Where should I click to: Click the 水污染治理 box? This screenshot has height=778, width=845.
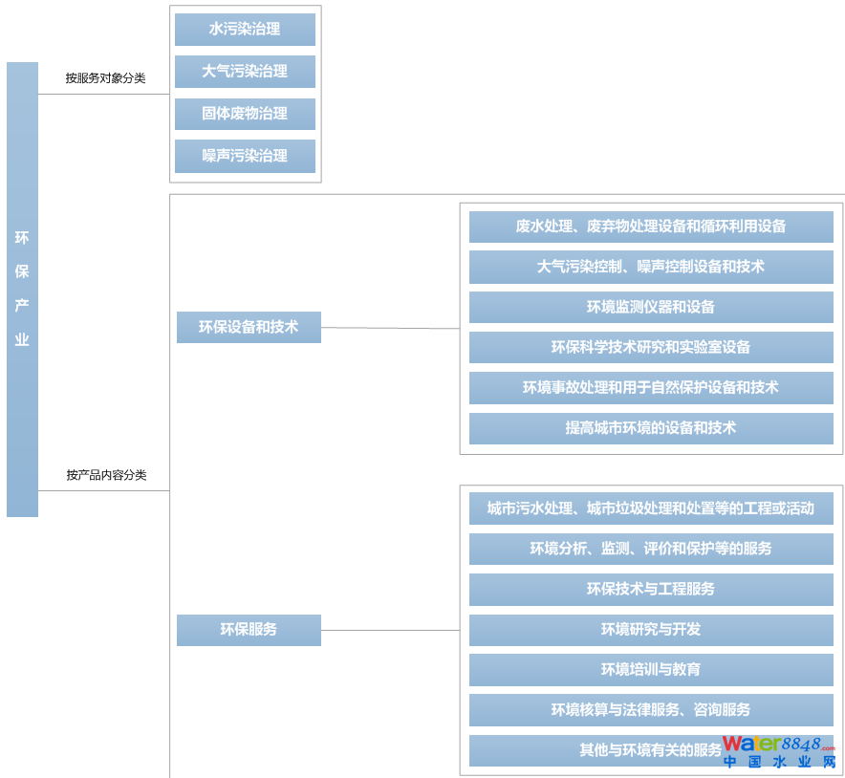tap(245, 30)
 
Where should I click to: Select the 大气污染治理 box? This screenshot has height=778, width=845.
tap(245, 72)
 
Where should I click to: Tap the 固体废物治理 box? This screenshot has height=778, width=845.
tap(245, 114)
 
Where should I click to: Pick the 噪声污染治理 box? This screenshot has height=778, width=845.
tap(245, 156)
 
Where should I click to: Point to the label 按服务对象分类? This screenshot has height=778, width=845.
tap(105, 78)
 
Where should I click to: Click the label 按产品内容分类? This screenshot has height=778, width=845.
tap(106, 475)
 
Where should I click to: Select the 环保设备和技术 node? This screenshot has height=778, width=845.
tap(249, 327)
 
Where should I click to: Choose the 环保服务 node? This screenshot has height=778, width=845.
tap(249, 630)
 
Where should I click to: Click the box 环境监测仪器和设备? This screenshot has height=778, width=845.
tap(650, 308)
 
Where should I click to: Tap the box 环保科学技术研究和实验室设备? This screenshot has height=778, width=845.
tap(650, 348)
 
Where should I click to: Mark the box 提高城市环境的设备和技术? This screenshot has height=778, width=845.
tap(650, 428)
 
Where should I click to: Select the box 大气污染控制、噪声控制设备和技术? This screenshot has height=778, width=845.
tap(650, 267)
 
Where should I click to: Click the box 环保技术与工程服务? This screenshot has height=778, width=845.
tap(650, 590)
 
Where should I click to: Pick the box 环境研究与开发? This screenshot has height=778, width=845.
tap(650, 630)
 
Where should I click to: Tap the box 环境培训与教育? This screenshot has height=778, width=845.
tap(650, 670)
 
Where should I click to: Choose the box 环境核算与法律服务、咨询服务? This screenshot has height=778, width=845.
tap(650, 710)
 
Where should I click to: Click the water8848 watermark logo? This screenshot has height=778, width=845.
tap(780, 751)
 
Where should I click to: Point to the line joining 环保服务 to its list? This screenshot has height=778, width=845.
tap(390, 630)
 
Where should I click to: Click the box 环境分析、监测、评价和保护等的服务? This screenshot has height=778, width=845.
tap(650, 549)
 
